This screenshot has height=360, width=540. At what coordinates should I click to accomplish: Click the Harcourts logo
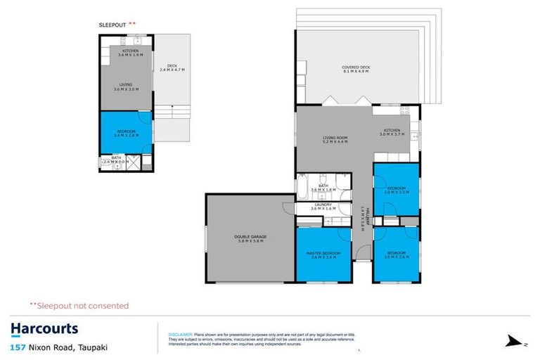pyautogui.click(x=44, y=329)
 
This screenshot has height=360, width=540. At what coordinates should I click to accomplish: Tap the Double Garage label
pyautogui.click(x=250, y=239)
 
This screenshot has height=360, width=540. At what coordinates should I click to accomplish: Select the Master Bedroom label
pyautogui.click(x=323, y=255)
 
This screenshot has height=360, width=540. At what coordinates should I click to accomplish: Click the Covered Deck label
pyautogui.click(x=356, y=70)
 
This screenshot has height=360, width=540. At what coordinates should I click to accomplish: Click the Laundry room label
pyautogui.click(x=323, y=207)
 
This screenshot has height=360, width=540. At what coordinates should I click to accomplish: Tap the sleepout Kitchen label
pyautogui.click(x=131, y=53)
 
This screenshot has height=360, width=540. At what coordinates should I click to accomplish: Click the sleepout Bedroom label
pyautogui.click(x=126, y=133)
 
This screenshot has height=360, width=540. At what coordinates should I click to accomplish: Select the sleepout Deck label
pyautogui.click(x=172, y=67)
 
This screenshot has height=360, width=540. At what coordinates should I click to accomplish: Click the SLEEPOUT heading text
pyautogui.click(x=112, y=25)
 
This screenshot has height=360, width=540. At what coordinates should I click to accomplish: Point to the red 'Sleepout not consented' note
pyautogui.click(x=79, y=306)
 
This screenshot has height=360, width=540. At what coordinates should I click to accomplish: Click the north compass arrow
pyautogui.click(x=516, y=342)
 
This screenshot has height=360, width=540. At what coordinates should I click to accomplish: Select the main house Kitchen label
pyautogui.click(x=392, y=131)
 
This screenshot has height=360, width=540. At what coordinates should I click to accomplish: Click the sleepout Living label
pyautogui.click(x=125, y=87)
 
